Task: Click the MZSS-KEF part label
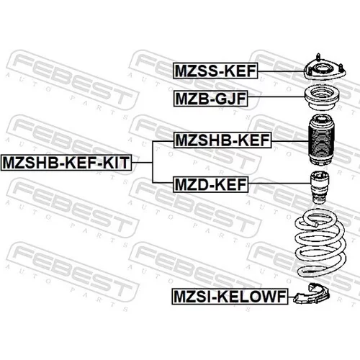click(215, 71)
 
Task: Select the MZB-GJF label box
click(210, 99)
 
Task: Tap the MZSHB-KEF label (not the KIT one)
click(222, 140)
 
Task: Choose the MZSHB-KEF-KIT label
click(66, 163)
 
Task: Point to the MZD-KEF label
click(210, 184)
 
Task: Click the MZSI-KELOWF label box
click(230, 297)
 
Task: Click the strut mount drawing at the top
click(325, 71)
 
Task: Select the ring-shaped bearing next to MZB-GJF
click(322, 98)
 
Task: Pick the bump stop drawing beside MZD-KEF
click(320, 187)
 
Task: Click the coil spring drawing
click(320, 243)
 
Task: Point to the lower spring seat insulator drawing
click(312, 294)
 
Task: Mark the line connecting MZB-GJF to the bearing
click(276, 96)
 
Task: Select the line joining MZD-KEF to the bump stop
click(279, 184)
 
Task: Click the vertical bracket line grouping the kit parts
click(153, 162)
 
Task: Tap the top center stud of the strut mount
click(318, 57)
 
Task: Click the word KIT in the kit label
click(117, 163)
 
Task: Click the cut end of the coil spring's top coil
click(316, 225)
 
